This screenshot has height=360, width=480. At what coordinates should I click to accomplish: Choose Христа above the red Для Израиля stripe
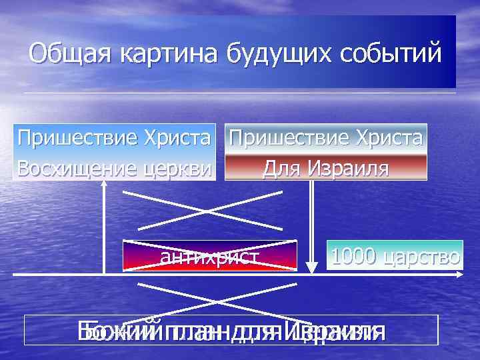click(x=387, y=139)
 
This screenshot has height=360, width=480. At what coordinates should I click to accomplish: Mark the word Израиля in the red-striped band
click(x=347, y=167)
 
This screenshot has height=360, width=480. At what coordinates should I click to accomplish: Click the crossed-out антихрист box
click(x=210, y=256)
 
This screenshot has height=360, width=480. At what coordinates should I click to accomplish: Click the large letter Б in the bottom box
click(x=85, y=331)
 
